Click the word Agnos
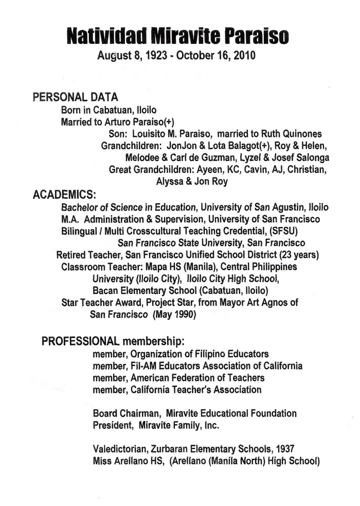point(283,303)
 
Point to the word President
point(112,425)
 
